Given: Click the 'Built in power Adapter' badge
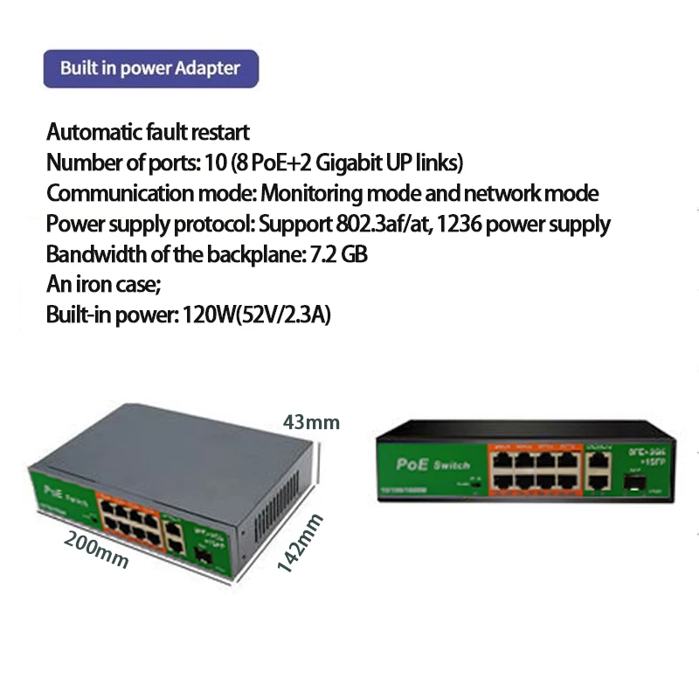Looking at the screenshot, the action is tap(150, 68).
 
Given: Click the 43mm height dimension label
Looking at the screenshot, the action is tap(311, 423).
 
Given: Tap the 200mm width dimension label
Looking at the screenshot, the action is tap(96, 550).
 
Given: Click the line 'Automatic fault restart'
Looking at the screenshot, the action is tap(148, 133).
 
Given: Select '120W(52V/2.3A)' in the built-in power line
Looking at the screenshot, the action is tap(256, 315).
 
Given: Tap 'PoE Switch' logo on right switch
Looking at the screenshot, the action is tap(433, 465).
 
